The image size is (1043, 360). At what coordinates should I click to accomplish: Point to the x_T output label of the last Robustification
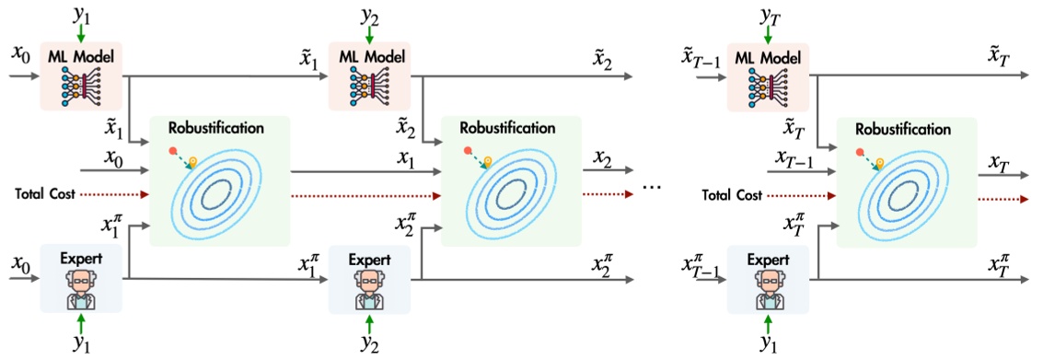coord(999,163)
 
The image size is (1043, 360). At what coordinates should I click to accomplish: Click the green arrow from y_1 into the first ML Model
coord(81,33)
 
